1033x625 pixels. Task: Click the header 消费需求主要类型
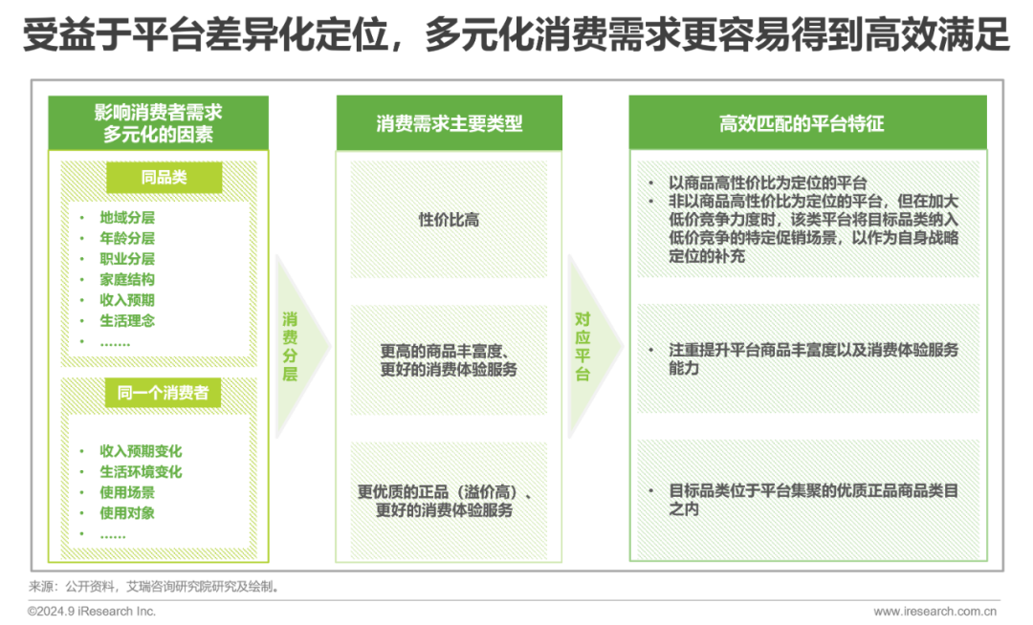point(449,124)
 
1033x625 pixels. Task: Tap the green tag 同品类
point(164,178)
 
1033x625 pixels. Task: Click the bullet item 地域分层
point(127,218)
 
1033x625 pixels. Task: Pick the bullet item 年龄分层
point(127,239)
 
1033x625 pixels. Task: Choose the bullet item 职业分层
point(127,259)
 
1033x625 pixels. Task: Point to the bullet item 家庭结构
point(127,280)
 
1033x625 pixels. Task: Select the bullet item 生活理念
point(127,321)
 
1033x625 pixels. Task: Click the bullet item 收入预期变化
point(141,451)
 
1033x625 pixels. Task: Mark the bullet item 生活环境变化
point(141,472)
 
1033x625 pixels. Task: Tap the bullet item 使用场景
point(127,493)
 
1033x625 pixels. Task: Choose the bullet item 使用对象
point(127,513)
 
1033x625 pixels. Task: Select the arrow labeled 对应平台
point(584,345)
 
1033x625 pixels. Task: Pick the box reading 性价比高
point(449,220)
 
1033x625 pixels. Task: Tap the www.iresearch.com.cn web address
point(935,612)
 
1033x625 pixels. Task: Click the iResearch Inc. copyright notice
point(91,612)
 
